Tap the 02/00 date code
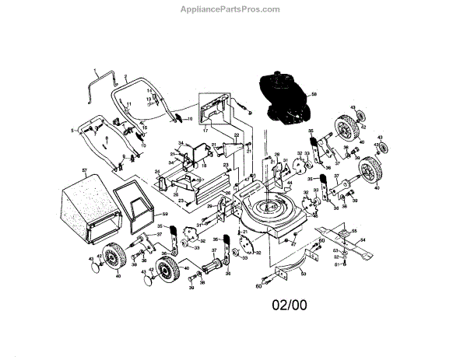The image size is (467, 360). (290, 306)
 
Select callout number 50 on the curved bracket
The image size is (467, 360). (304, 274)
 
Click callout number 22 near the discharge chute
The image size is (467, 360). (237, 135)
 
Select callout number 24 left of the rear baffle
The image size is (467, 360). (156, 172)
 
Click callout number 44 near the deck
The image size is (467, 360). (289, 183)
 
